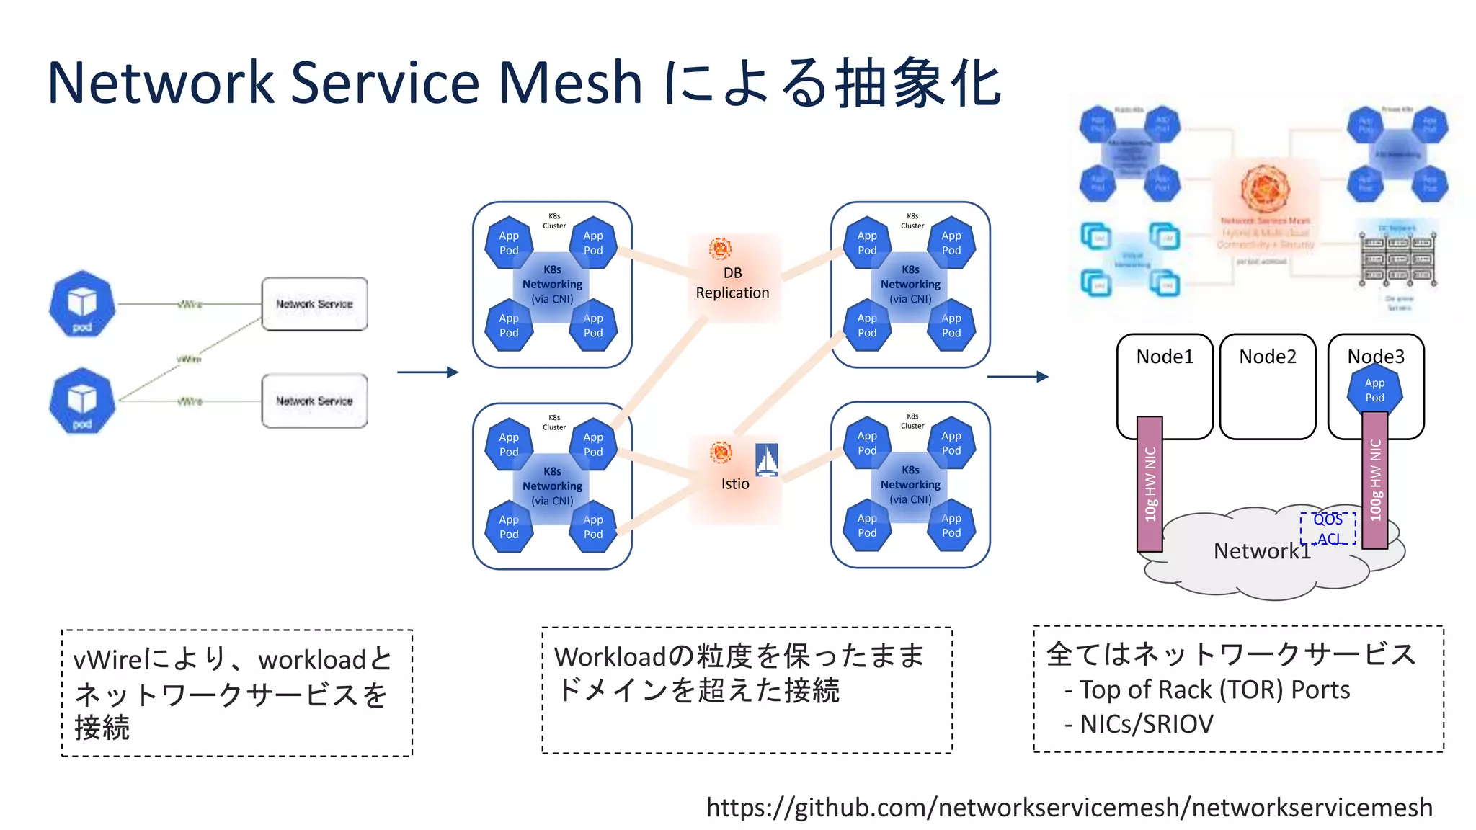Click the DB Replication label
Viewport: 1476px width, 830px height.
pos(732,283)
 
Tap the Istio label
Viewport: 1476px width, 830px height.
pos(735,484)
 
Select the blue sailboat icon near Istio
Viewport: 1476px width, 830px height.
pos(767,460)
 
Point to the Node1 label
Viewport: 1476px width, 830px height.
pos(1165,357)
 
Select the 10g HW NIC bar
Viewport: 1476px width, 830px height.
pos(1150,484)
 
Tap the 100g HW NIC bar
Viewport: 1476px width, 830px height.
pos(1375,480)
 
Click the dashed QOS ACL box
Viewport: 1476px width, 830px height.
pos(1328,530)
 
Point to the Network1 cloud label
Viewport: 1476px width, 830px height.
pos(1262,551)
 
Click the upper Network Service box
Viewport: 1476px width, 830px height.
pos(314,304)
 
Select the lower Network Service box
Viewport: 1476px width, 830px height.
pos(314,401)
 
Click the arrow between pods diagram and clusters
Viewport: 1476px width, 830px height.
pos(427,372)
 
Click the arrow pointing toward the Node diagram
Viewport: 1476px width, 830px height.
pos(1017,376)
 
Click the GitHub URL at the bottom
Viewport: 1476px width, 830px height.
pos(1069,808)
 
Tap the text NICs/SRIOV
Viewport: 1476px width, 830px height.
pos(1147,724)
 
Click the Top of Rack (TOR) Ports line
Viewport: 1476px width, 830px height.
pos(1214,690)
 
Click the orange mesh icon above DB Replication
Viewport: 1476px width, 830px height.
pos(720,249)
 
